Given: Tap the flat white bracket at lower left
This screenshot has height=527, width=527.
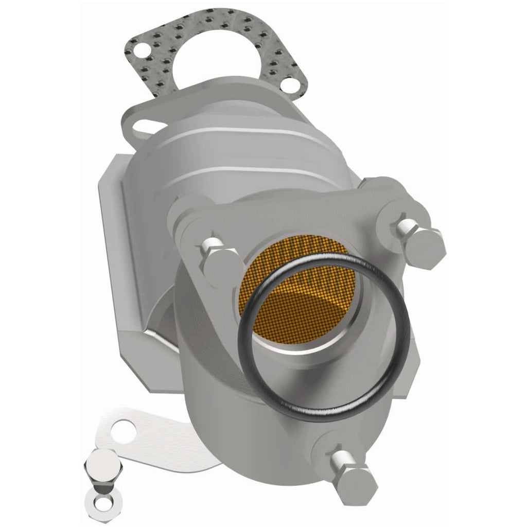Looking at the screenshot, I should (x=149, y=437).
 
